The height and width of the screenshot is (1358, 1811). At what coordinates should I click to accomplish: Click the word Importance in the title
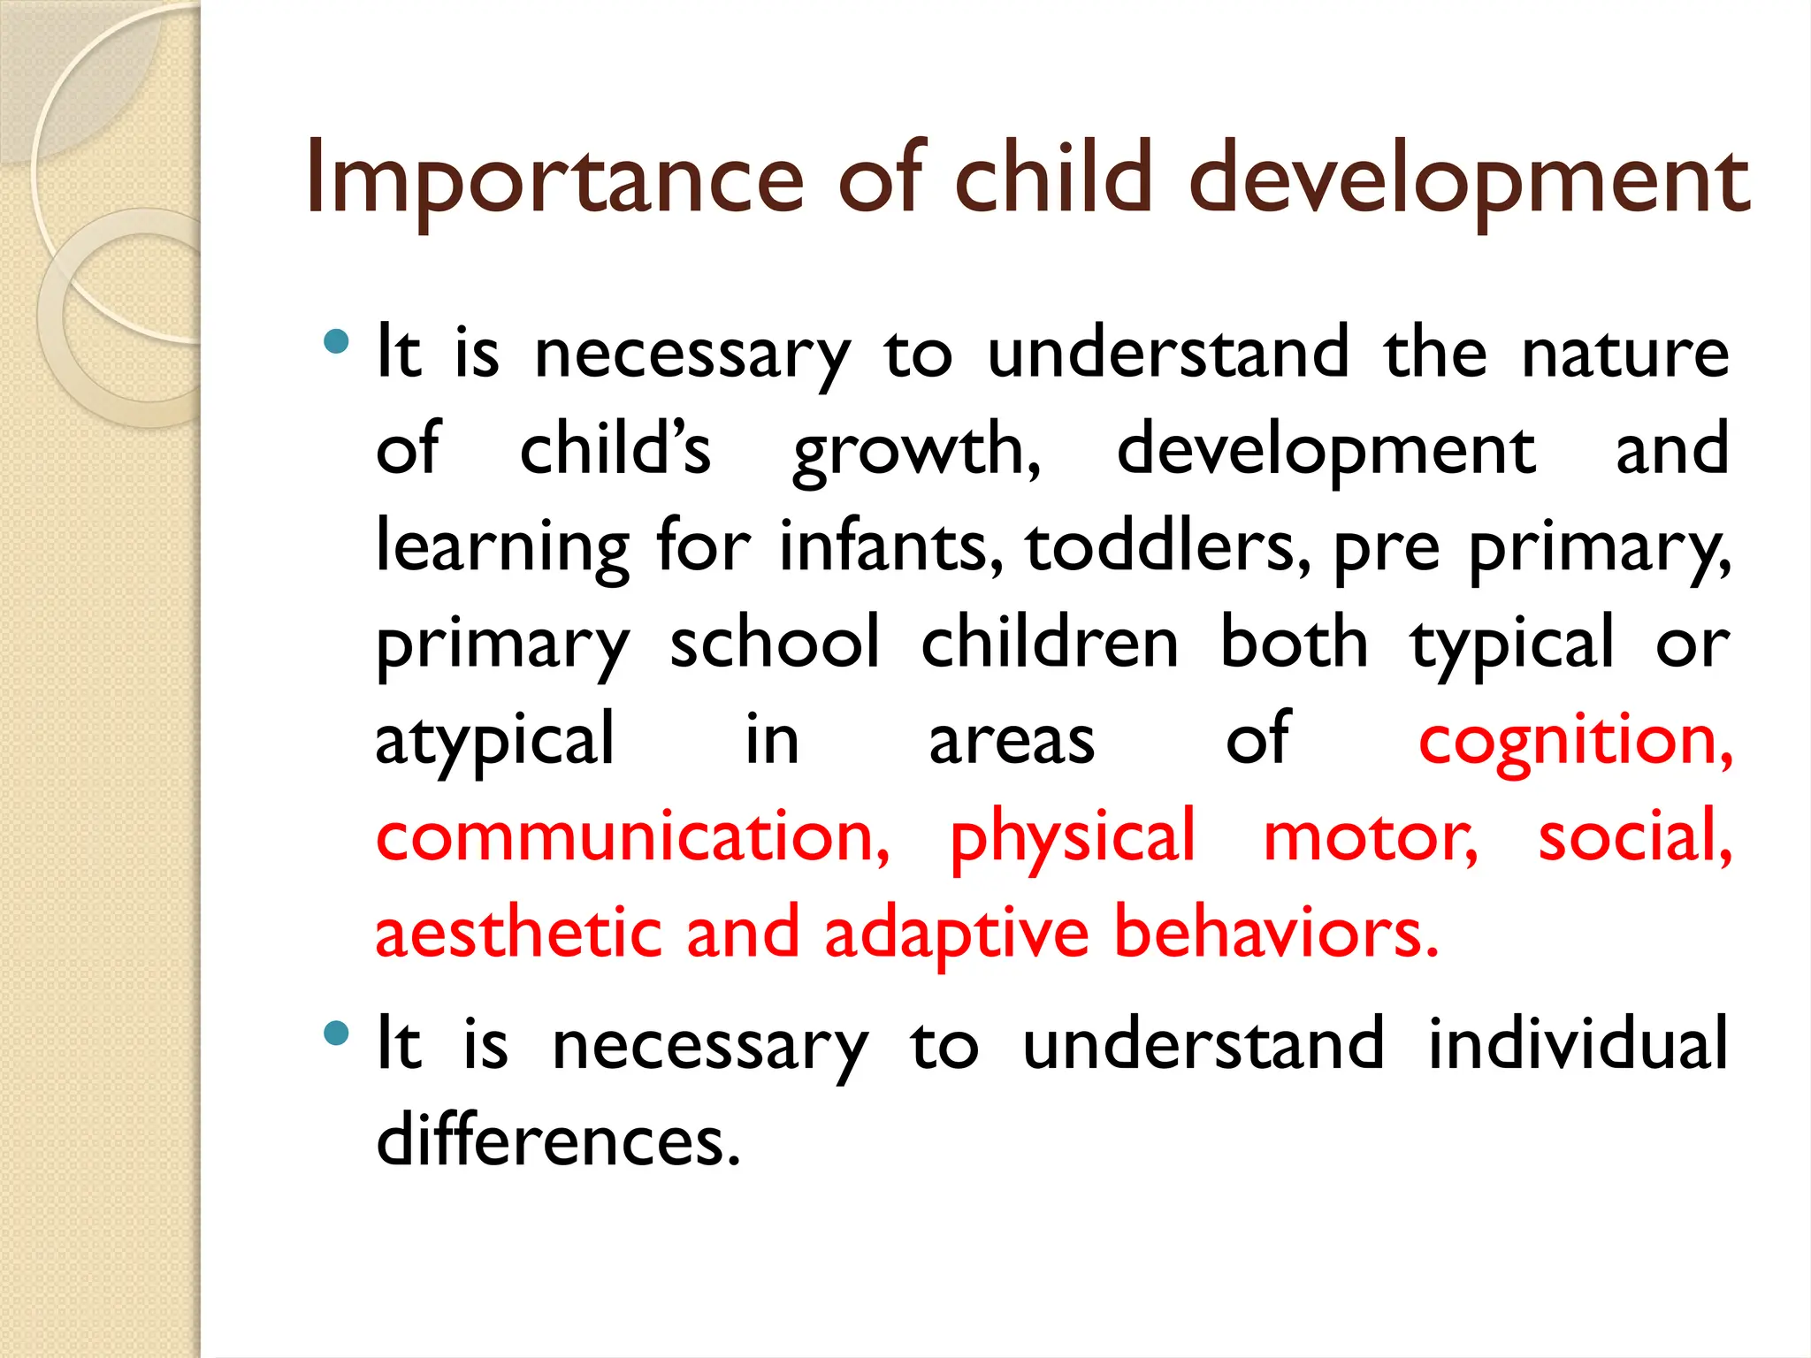pos(554,181)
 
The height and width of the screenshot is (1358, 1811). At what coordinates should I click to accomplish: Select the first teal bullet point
pos(336,341)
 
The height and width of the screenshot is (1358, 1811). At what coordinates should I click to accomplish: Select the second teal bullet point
pos(336,1033)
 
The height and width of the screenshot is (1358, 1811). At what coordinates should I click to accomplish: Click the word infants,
pos(891,546)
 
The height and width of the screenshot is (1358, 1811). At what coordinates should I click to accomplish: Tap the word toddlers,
pos(1168,546)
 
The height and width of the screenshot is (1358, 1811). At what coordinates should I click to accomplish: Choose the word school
pos(775,643)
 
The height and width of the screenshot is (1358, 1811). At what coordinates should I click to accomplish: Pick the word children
pos(1050,643)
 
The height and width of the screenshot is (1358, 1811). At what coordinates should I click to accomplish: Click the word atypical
pos(494,741)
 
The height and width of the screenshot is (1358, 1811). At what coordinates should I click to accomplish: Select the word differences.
pos(558,1141)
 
